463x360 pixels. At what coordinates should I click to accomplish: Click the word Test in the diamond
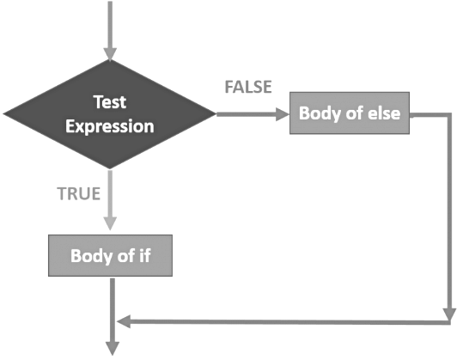(110, 102)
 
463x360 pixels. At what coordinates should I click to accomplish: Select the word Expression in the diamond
(110, 126)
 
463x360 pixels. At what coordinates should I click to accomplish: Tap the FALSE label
(248, 87)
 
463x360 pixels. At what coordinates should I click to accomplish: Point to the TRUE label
(78, 193)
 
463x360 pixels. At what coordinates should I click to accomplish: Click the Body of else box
(350, 113)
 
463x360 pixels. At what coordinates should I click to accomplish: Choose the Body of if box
(110, 256)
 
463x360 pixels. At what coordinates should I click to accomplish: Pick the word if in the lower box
(144, 255)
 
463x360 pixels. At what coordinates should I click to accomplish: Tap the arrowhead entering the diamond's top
(110, 55)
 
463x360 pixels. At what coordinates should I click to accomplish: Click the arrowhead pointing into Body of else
(283, 114)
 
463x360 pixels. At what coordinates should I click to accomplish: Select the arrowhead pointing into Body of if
(110, 224)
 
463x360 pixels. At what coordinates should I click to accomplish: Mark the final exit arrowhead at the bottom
(113, 349)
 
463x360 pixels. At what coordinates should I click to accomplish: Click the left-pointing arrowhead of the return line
(124, 321)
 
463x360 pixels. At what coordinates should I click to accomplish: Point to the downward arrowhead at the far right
(449, 314)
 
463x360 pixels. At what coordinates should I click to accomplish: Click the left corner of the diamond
(3, 113)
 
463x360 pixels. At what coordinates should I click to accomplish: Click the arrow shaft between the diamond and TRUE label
(110, 193)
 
